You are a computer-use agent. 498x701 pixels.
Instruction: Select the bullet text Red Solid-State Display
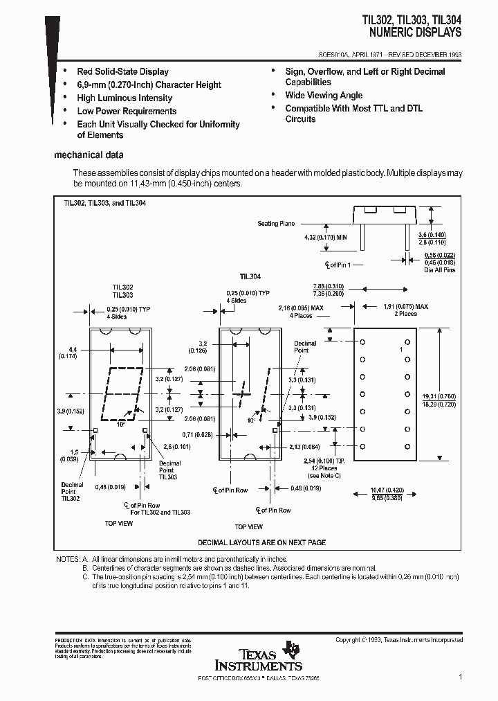(122, 71)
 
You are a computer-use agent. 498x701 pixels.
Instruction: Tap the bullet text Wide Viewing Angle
(324, 95)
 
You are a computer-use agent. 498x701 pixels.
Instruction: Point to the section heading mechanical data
(89, 155)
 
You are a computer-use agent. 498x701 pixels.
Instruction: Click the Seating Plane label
(277, 224)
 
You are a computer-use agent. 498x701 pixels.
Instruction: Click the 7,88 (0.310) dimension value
(329, 286)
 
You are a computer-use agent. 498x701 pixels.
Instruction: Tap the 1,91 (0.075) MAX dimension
(406, 305)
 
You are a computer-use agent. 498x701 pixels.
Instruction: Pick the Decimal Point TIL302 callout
(72, 492)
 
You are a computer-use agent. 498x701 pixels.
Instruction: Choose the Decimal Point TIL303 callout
(169, 470)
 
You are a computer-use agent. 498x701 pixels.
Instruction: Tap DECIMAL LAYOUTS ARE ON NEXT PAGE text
(261, 542)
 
